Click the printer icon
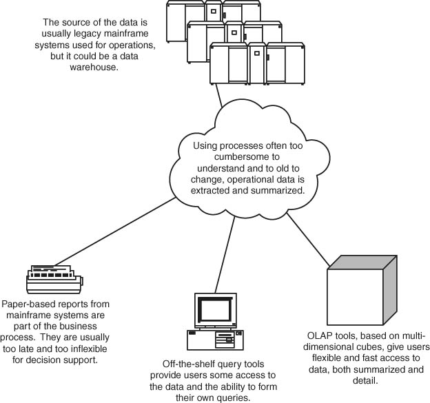[54, 278]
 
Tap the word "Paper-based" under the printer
[29, 304]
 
